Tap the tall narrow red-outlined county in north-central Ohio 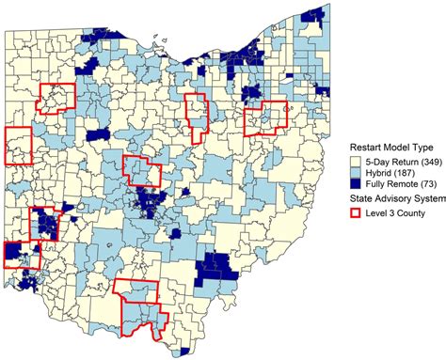(196, 113)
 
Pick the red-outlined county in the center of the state (141, 171)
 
